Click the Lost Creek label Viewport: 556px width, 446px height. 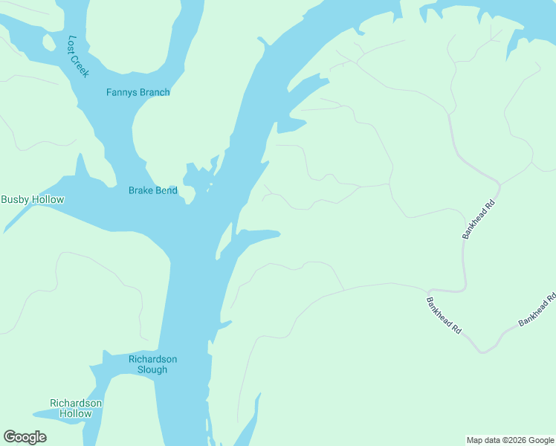pyautogui.click(x=78, y=56)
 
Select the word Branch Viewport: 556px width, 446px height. pyautogui.click(x=155, y=92)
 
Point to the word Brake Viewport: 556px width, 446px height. pyautogui.click(x=140, y=191)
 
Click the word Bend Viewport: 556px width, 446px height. pyautogui.click(x=167, y=191)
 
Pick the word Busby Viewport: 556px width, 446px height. pyautogui.click(x=14, y=199)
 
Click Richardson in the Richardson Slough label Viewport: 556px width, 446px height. pyautogui.click(x=152, y=359)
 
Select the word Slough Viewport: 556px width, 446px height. pyautogui.click(x=152, y=369)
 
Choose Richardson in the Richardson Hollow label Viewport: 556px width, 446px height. pyautogui.click(x=76, y=404)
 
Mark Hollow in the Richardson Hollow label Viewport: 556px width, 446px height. pyautogui.click(x=76, y=414)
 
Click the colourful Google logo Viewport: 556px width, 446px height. pyautogui.click(x=25, y=437)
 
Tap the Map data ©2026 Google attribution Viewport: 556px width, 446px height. pyautogui.click(x=511, y=440)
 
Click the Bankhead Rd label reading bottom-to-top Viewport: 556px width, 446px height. pyautogui.click(x=478, y=219)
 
